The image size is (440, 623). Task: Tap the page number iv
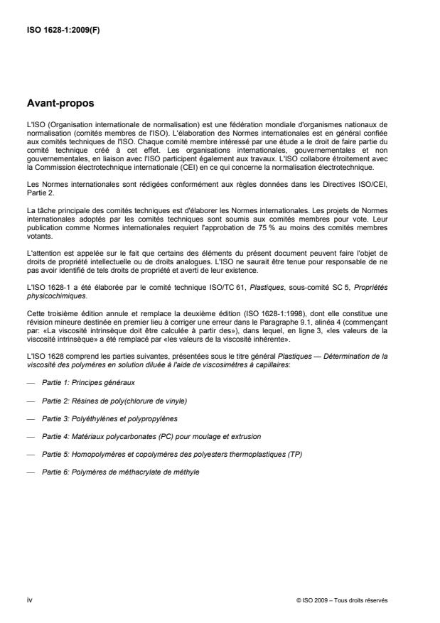point(29,600)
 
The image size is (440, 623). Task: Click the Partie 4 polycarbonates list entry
point(151,436)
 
